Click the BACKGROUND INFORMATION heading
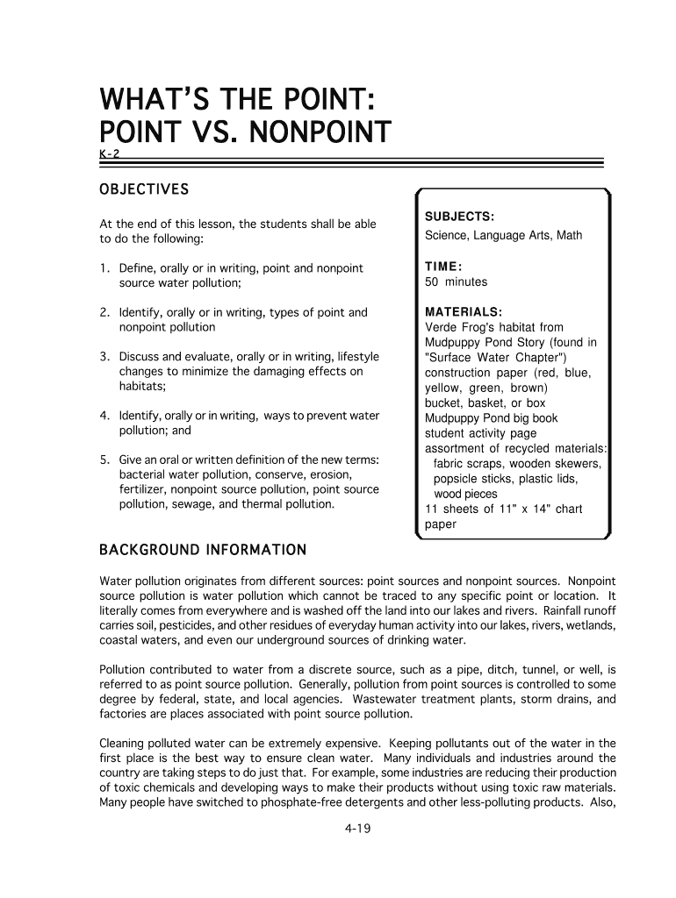(x=202, y=551)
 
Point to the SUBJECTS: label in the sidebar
(x=459, y=217)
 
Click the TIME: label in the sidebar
(x=444, y=266)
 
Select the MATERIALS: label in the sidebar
(x=464, y=312)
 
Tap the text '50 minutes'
(x=456, y=282)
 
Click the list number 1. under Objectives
(x=104, y=268)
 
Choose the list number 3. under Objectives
(x=104, y=357)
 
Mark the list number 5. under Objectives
(x=104, y=460)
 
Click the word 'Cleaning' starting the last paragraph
(x=124, y=743)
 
